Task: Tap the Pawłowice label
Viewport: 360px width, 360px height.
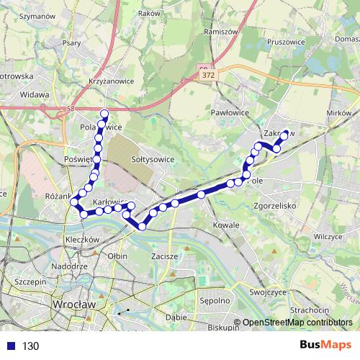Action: click(x=230, y=113)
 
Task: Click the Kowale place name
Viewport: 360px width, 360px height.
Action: click(x=226, y=225)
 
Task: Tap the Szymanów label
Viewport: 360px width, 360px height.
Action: click(x=38, y=15)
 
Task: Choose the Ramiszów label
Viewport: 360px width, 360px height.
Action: click(x=221, y=32)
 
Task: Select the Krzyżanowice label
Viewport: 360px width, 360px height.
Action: click(x=112, y=81)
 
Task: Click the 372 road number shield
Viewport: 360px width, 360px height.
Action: click(x=208, y=74)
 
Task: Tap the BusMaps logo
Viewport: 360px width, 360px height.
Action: click(x=325, y=345)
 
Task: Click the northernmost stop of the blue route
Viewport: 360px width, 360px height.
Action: click(x=104, y=112)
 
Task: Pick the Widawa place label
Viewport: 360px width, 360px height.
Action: click(x=35, y=94)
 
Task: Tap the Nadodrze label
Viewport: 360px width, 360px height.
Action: click(x=70, y=266)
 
